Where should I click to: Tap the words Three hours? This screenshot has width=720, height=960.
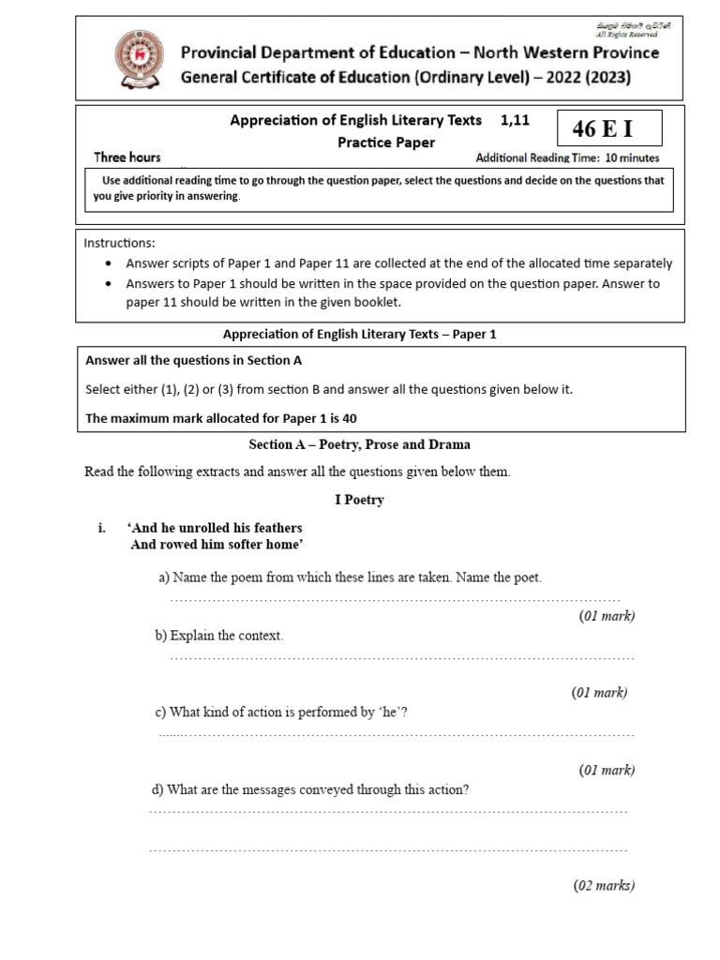coord(127,157)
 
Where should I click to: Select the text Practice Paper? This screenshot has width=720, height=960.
coord(386,142)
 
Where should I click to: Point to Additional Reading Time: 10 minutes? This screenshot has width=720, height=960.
coord(567,157)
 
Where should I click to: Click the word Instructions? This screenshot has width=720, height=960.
coord(120,243)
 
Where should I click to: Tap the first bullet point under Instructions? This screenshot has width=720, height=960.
coord(111,264)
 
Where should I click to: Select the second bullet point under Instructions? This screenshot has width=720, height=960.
coord(111,283)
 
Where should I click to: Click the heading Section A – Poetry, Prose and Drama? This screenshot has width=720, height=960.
coord(359,444)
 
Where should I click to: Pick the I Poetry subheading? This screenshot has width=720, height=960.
coord(359,500)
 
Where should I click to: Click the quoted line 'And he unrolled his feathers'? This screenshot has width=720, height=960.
coord(216,528)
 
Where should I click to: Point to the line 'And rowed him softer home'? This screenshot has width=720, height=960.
coord(217,545)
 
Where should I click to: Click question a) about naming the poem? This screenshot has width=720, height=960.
coord(350,577)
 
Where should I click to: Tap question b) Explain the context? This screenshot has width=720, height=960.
coord(218,636)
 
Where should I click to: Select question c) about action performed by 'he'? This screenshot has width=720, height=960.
coord(281,712)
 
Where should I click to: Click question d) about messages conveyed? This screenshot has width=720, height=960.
coord(310,789)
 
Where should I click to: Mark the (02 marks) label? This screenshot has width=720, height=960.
coord(604,885)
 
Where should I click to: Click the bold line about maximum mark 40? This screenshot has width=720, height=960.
coord(221,418)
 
